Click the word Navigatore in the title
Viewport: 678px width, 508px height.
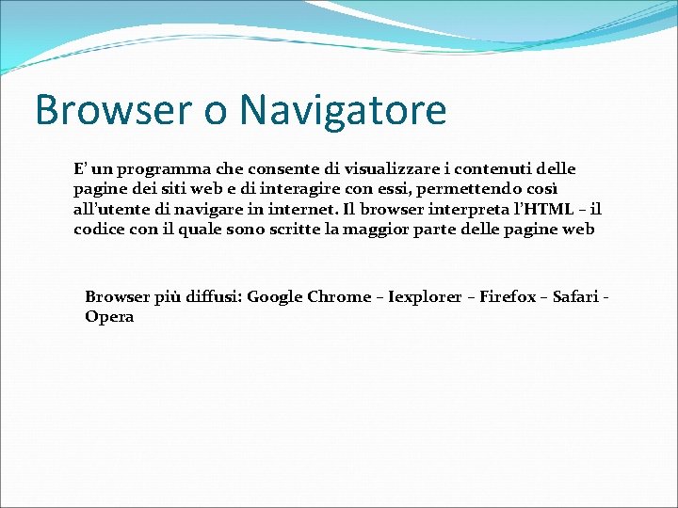click(343, 110)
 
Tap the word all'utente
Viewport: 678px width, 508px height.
click(110, 209)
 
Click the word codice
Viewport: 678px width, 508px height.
click(100, 229)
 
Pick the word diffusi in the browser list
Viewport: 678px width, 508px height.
click(211, 297)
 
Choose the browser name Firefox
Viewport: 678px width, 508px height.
click(508, 297)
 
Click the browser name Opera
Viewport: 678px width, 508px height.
click(109, 317)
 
